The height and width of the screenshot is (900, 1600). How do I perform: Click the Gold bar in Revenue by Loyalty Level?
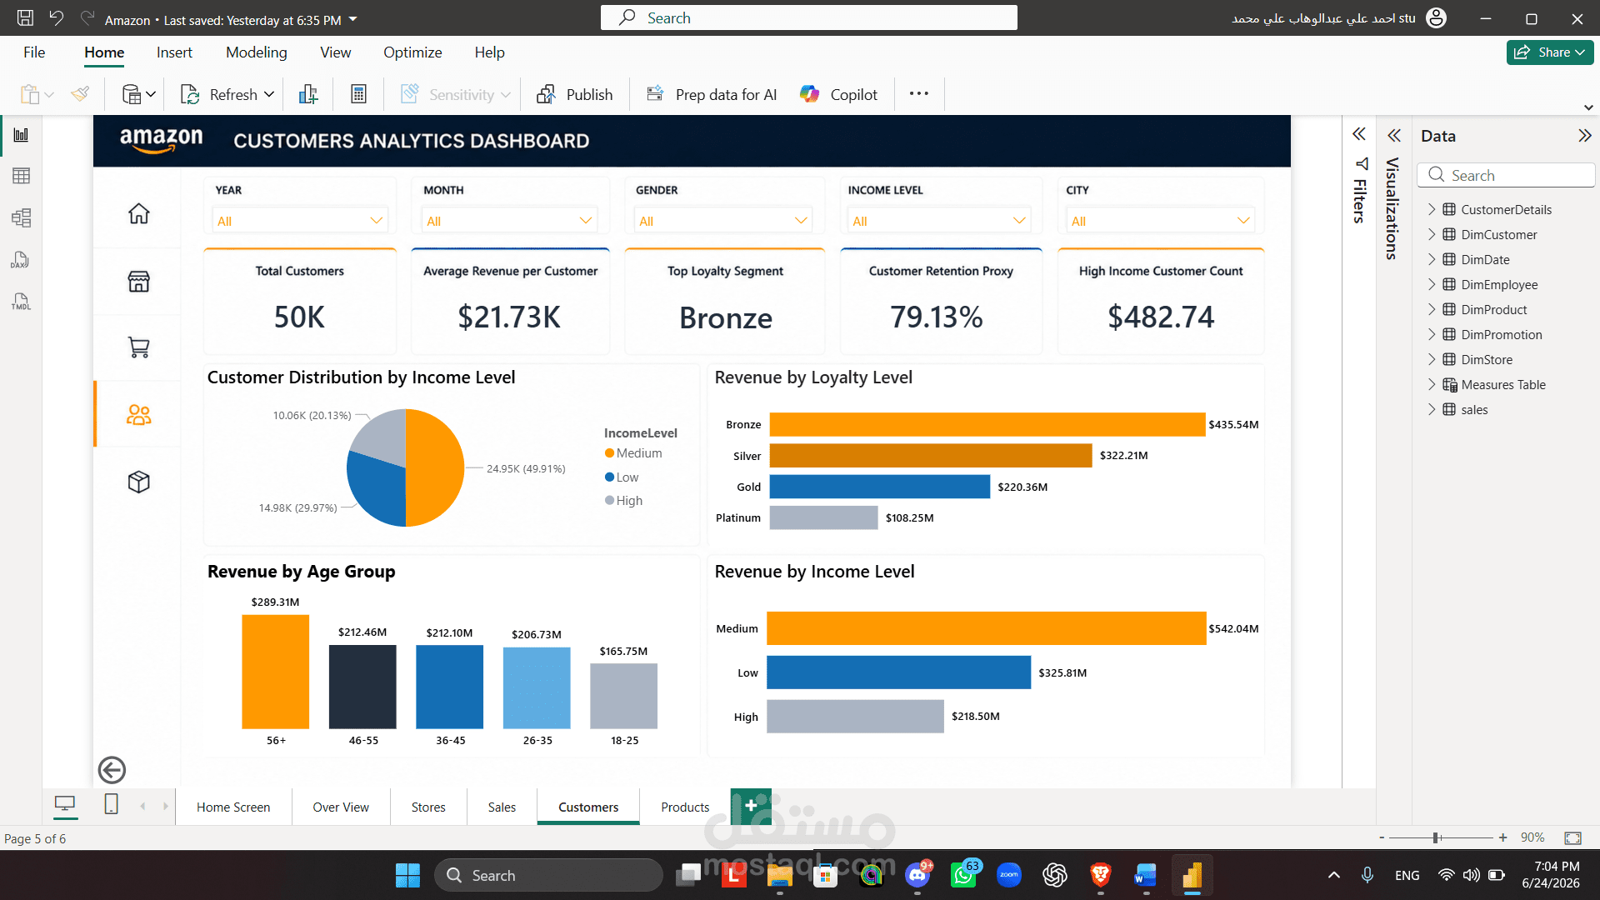click(x=879, y=487)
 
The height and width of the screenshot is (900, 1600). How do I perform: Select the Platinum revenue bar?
click(x=823, y=517)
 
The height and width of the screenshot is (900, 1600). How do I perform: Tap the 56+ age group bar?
click(x=275, y=672)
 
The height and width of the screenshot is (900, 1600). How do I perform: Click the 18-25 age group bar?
click(x=623, y=696)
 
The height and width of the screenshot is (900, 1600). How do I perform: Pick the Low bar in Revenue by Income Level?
click(x=898, y=672)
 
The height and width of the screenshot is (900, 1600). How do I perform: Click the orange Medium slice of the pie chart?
click(x=435, y=467)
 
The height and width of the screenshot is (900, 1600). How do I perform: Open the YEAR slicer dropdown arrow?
click(x=377, y=221)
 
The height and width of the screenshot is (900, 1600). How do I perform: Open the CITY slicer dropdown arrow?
click(x=1243, y=221)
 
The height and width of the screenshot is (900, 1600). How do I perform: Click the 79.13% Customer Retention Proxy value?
click(x=937, y=317)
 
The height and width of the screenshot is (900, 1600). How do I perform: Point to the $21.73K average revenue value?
click(x=509, y=317)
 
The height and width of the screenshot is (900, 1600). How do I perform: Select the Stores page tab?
click(x=428, y=807)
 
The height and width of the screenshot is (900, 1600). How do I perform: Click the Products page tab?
click(x=685, y=807)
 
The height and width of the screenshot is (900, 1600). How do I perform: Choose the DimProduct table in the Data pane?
click(x=1493, y=309)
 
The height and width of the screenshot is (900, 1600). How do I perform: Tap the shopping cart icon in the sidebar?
click(x=139, y=347)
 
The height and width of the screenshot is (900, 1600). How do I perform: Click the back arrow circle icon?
click(x=112, y=770)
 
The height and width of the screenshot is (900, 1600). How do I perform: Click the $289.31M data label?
click(x=275, y=602)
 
